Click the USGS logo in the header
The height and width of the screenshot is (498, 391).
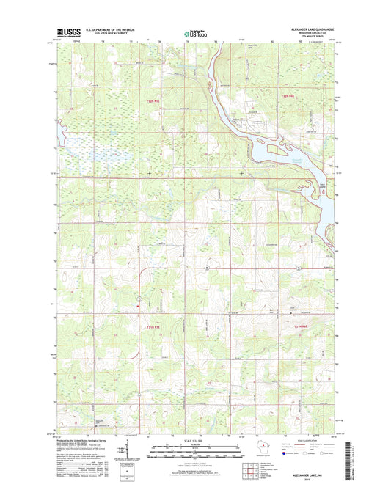click(67, 32)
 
